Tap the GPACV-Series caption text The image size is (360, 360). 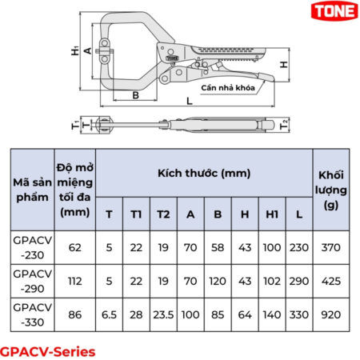pyautogui.click(x=47, y=350)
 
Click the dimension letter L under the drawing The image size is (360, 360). pyautogui.click(x=188, y=102)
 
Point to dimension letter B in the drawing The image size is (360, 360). pyautogui.click(x=136, y=95)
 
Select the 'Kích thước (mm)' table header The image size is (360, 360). pyautogui.click(x=203, y=173)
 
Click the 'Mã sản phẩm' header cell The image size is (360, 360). pyautogui.click(x=32, y=190)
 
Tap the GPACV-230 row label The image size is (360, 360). pyautogui.click(x=32, y=248)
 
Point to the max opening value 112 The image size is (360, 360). pyautogui.click(x=75, y=282)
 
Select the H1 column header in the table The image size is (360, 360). pyautogui.click(x=272, y=214)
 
